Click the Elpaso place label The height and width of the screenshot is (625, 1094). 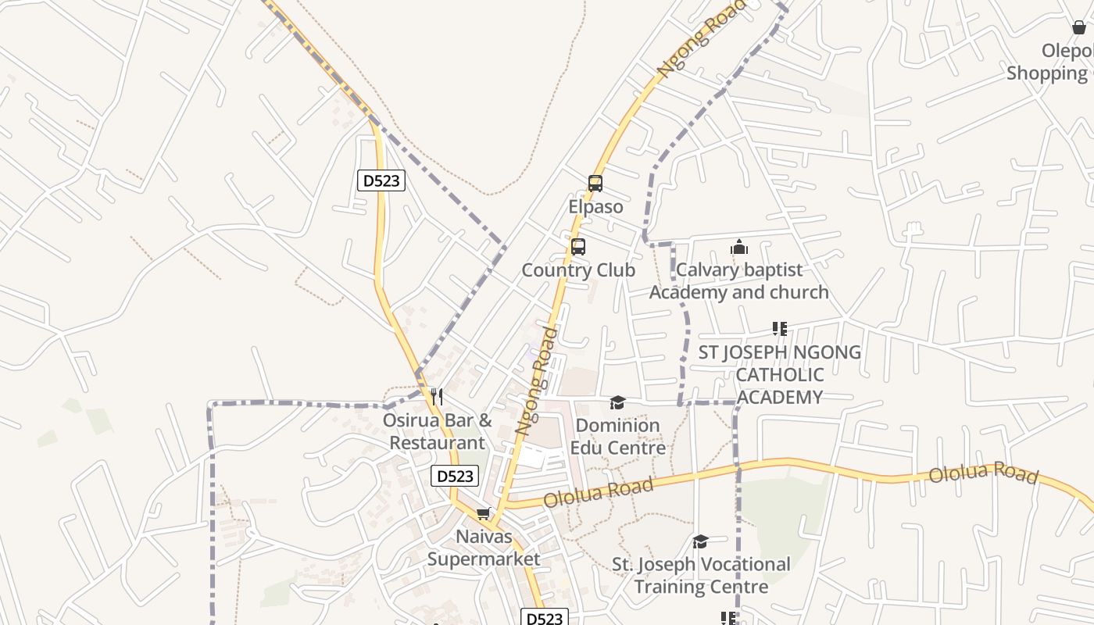(x=595, y=207)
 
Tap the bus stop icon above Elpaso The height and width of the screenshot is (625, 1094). (x=595, y=184)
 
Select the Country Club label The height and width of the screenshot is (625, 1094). (x=578, y=270)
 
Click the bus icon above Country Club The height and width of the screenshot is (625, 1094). (x=578, y=247)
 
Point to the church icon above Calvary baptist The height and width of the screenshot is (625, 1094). (x=739, y=248)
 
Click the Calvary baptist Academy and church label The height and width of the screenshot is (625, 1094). (x=739, y=281)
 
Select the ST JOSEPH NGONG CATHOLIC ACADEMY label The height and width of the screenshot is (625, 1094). (x=779, y=374)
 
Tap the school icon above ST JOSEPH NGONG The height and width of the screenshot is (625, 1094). (x=779, y=329)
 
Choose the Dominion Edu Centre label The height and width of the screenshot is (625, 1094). (x=617, y=437)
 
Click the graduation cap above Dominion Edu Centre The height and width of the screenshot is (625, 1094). (x=617, y=402)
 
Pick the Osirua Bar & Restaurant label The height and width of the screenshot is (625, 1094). (x=437, y=431)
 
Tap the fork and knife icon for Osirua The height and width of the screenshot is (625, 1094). (x=437, y=397)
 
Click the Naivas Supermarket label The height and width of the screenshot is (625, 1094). (x=484, y=548)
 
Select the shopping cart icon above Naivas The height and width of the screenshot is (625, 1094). (x=484, y=514)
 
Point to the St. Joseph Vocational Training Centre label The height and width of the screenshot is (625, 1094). (x=701, y=575)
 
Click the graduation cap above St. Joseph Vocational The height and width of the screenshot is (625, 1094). (x=700, y=541)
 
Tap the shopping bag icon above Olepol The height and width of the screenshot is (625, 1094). (x=1079, y=27)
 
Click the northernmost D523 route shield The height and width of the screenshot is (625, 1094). (x=381, y=180)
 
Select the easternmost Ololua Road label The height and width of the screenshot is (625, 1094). (x=983, y=473)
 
